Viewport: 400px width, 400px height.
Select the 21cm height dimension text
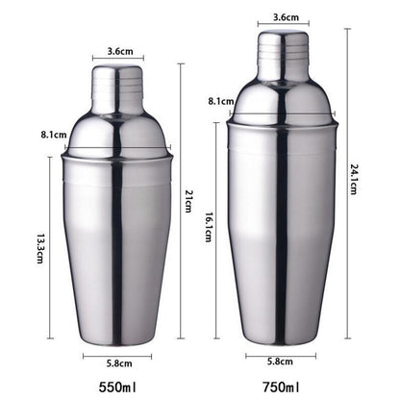(x=190, y=199)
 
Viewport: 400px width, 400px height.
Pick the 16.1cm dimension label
(x=208, y=231)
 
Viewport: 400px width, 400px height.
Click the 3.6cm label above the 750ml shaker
(x=285, y=16)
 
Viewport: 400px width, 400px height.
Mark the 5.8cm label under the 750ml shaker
(x=283, y=362)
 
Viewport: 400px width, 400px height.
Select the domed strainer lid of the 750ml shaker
(x=284, y=99)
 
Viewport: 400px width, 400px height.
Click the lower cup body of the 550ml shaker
(x=116, y=250)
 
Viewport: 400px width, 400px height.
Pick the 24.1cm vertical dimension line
(x=347, y=115)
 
